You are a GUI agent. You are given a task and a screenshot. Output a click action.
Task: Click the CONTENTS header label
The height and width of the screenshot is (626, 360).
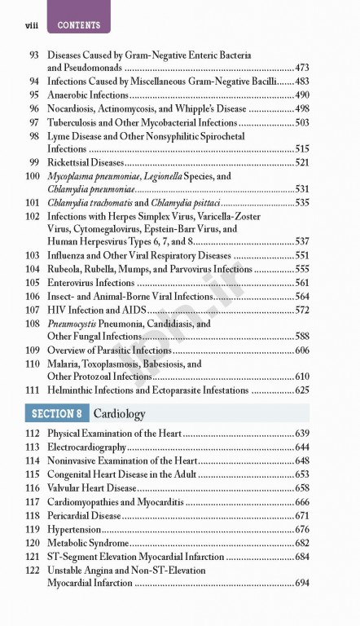(79, 26)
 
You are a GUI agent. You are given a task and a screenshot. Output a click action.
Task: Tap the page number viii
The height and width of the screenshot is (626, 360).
(22, 26)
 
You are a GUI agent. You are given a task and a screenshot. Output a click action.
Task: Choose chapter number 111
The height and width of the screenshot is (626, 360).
(33, 390)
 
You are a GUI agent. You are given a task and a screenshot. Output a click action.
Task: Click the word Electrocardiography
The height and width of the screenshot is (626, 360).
(87, 447)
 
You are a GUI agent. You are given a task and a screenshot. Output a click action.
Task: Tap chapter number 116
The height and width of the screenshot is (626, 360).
(33, 487)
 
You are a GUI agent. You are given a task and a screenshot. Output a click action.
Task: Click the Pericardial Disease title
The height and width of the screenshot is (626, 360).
(85, 516)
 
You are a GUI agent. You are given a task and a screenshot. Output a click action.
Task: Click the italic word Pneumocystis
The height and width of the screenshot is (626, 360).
(74, 323)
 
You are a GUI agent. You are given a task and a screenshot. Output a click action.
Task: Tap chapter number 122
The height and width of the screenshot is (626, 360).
(33, 571)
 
